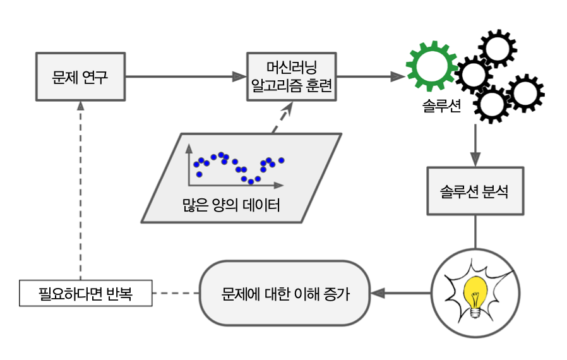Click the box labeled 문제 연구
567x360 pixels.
tap(81, 77)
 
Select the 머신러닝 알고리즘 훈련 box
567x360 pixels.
tap(291, 77)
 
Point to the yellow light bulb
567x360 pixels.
tap(475, 292)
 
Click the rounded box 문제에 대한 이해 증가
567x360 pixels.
tap(285, 294)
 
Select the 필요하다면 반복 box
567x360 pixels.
tap(86, 294)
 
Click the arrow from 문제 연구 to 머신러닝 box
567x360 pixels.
tap(186, 77)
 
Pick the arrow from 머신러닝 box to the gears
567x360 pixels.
tap(369, 77)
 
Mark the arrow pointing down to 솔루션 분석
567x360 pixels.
tap(475, 145)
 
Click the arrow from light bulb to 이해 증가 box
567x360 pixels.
tap(404, 294)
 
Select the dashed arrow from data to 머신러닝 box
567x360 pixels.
tap(282, 117)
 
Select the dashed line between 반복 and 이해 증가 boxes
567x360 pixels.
tap(176, 294)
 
